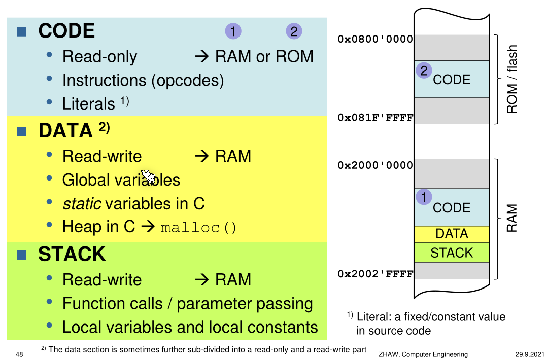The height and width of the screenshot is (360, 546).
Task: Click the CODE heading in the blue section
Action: [x=66, y=31]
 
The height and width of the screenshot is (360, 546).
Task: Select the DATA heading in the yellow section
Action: [x=66, y=131]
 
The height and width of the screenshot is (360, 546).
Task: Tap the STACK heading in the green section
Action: [x=72, y=254]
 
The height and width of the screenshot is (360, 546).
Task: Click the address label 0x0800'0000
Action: [x=376, y=39]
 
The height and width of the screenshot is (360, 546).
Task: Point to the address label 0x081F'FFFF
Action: [x=376, y=118]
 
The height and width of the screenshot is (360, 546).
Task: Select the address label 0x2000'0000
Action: [x=376, y=165]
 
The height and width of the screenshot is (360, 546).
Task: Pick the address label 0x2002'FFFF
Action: [x=376, y=274]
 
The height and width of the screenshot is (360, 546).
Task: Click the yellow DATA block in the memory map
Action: [x=452, y=234]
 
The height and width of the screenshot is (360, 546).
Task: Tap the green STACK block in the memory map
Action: [x=452, y=253]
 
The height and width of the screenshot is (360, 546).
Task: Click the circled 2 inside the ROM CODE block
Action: [x=424, y=70]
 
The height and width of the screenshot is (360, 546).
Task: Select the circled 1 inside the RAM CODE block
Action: [x=424, y=197]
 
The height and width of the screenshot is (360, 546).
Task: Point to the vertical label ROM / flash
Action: [x=512, y=80]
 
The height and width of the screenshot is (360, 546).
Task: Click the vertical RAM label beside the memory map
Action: [x=512, y=218]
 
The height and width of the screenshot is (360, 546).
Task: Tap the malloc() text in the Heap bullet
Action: [x=199, y=227]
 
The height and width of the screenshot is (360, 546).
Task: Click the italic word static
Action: [x=81, y=203]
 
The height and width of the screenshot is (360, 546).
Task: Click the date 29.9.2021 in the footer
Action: [x=526, y=354]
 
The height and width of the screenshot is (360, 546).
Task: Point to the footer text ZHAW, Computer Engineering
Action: [x=423, y=354]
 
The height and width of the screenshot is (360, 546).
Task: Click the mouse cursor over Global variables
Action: [x=147, y=176]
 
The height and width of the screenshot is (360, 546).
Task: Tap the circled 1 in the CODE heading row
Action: [x=233, y=31]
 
